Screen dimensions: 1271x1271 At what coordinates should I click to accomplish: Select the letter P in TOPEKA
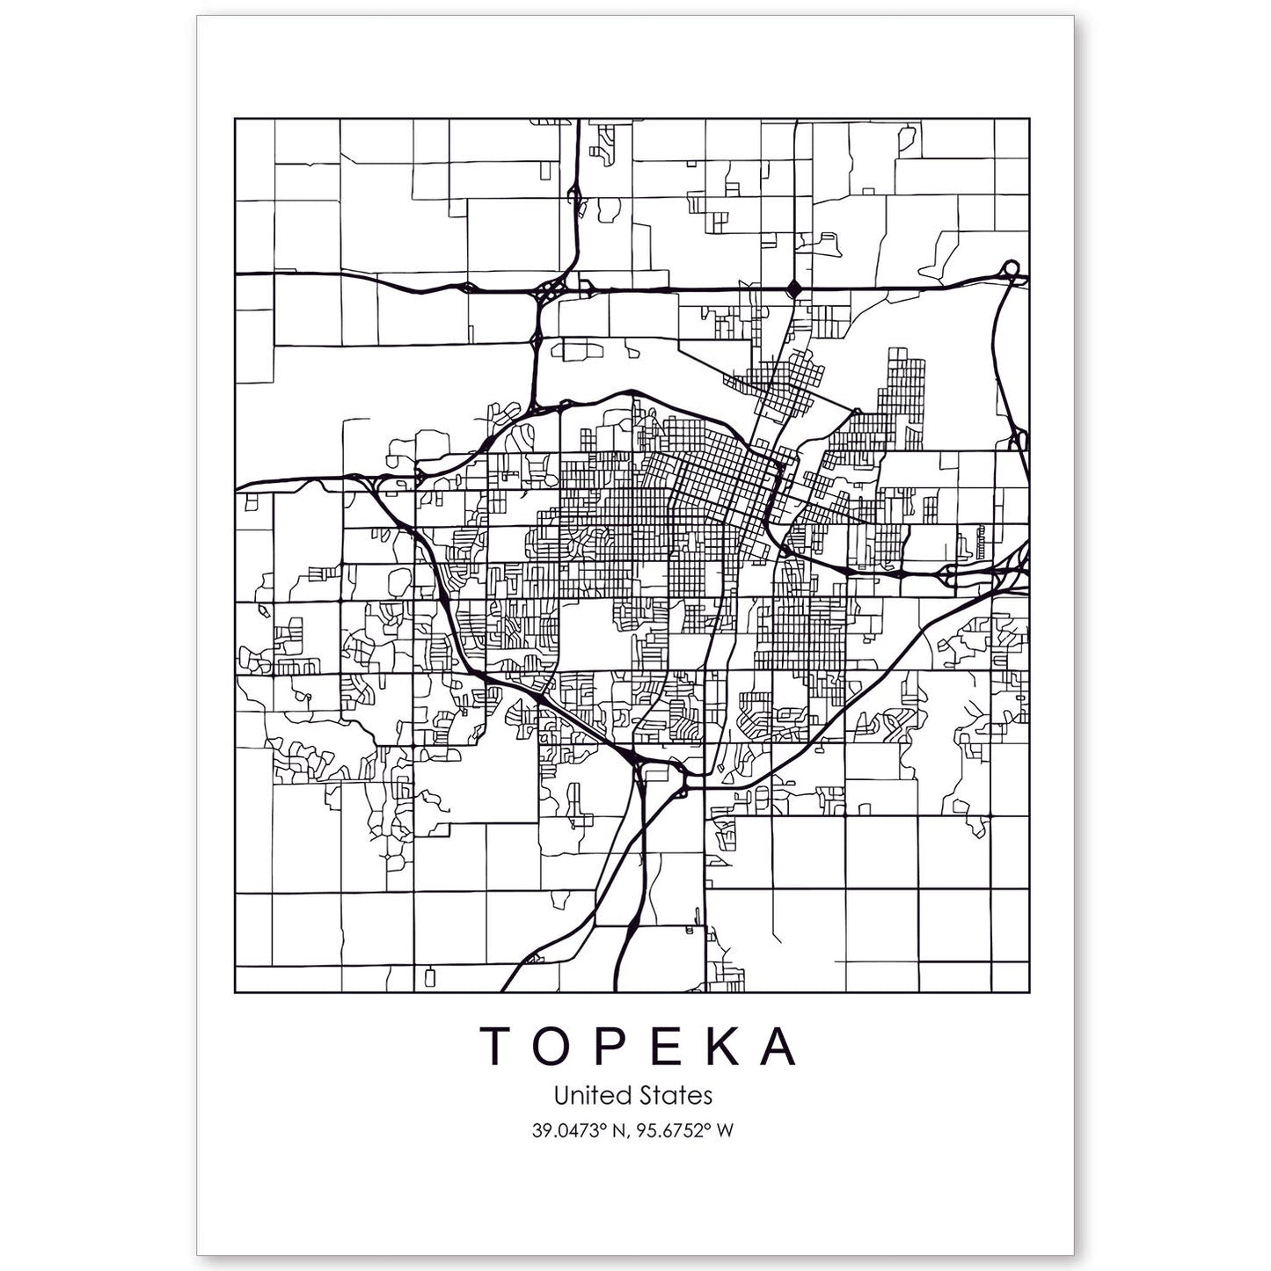click(x=617, y=1046)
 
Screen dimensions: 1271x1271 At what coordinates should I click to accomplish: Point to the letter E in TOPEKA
click(x=672, y=1046)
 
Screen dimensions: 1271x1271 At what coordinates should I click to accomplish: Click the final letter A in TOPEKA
click(x=782, y=1046)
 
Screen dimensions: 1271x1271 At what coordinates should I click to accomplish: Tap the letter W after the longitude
click(x=724, y=1130)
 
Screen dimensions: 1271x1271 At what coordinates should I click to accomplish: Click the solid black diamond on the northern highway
click(x=794, y=288)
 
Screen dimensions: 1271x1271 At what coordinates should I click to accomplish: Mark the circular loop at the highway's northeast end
click(x=1011, y=267)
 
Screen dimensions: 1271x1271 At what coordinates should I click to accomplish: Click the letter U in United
click(x=560, y=1096)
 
